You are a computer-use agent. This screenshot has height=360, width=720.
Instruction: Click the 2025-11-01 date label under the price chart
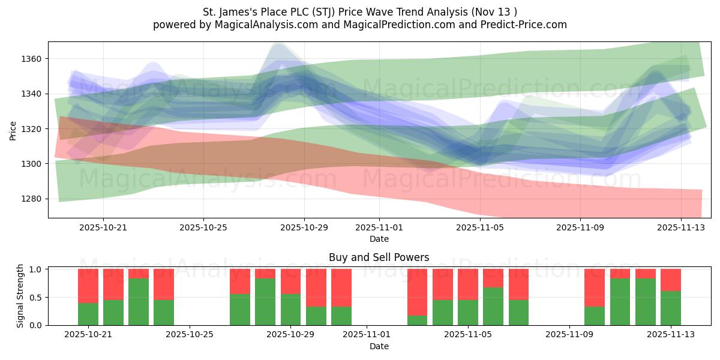(379, 228)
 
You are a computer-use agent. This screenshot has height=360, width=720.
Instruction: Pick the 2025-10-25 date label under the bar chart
(190, 335)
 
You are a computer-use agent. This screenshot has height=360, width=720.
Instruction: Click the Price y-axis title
(13, 130)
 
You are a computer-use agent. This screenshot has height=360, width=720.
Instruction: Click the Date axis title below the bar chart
(379, 346)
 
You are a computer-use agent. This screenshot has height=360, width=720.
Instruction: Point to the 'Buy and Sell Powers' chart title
(379, 257)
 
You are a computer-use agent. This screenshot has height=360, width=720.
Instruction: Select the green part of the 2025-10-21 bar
(88, 314)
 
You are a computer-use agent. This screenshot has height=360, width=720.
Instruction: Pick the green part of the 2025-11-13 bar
(671, 308)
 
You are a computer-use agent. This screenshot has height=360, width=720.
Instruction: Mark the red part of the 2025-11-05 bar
(468, 284)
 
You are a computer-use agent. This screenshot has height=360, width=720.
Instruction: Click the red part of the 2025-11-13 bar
(671, 280)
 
